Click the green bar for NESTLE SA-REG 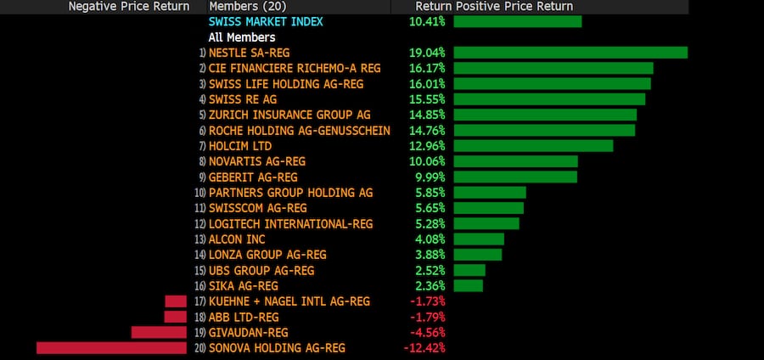click(570, 53)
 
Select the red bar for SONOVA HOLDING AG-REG click(111, 348)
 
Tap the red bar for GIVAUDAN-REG click(159, 333)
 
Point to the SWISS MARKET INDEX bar click(518, 21)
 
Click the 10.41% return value click(426, 21)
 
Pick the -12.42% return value click(424, 348)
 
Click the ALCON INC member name click(237, 239)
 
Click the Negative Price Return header click(130, 6)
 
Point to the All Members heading click(242, 37)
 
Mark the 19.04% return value click(426, 53)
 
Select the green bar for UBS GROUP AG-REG click(469, 270)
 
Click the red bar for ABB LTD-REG click(175, 317)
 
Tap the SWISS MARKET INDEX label click(266, 21)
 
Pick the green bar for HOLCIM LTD click(533, 145)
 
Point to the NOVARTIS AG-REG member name click(257, 161)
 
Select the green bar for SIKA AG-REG click(469, 286)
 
